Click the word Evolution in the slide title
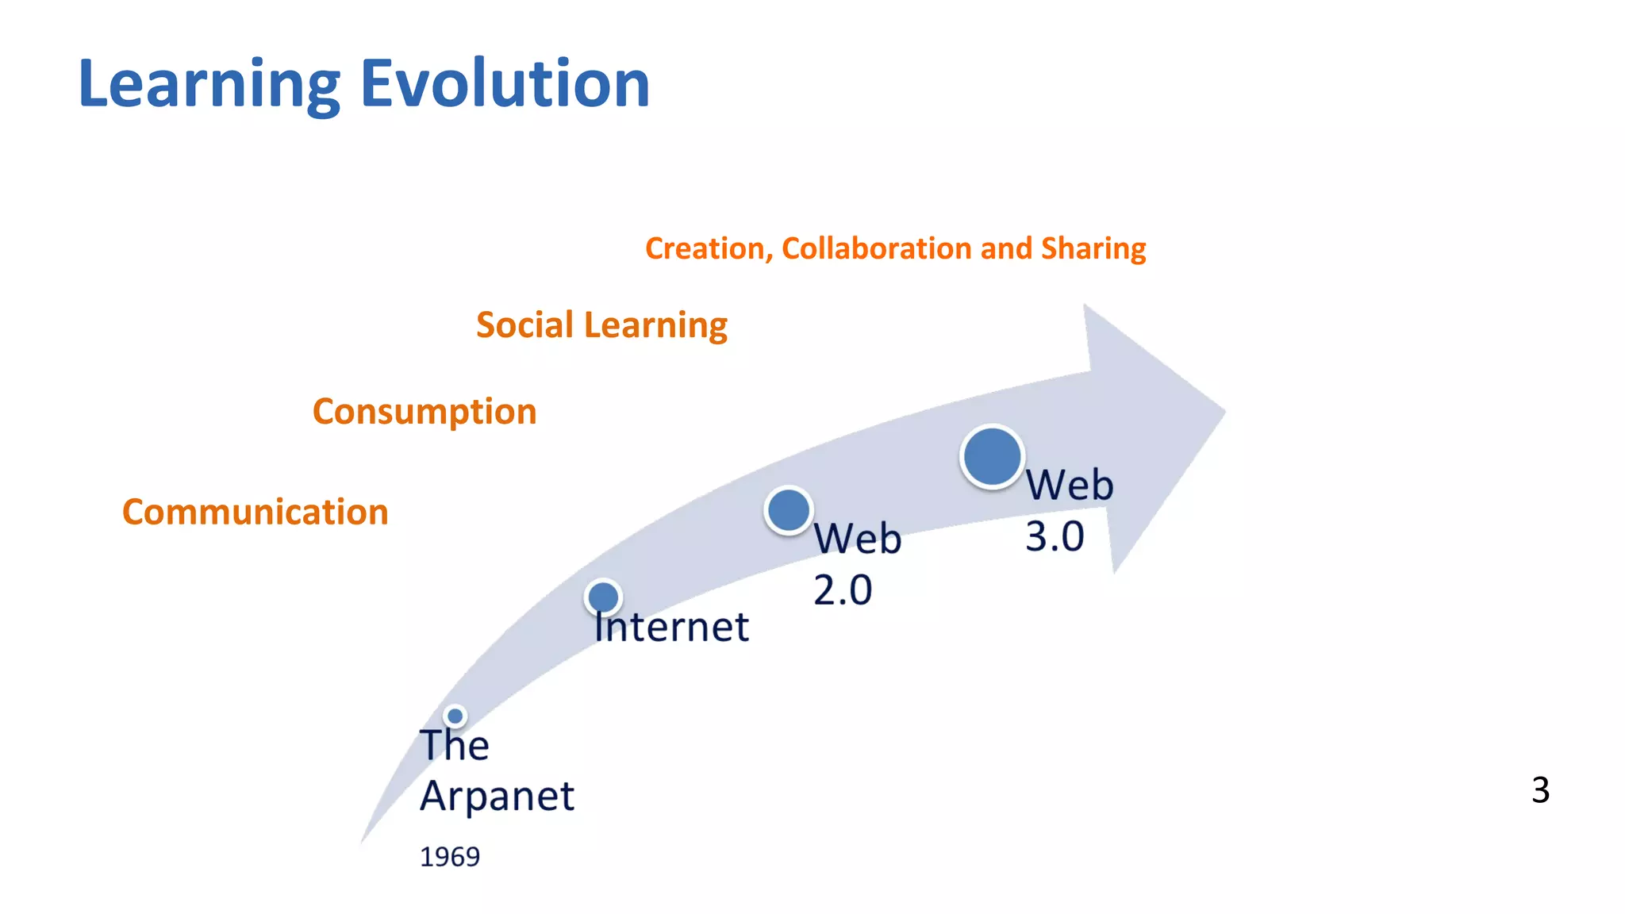point(505,83)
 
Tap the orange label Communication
point(255,512)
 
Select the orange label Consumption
point(424,411)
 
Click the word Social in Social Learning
point(524,325)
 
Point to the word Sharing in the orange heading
point(1093,249)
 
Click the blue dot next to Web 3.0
point(992,456)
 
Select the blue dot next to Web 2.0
point(789,510)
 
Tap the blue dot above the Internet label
point(603,597)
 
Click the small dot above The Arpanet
point(455,716)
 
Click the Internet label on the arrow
point(671,627)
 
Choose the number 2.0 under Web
point(843,590)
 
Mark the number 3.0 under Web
point(1055,536)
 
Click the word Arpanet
point(497,795)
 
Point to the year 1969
point(449,857)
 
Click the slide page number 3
point(1540,790)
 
